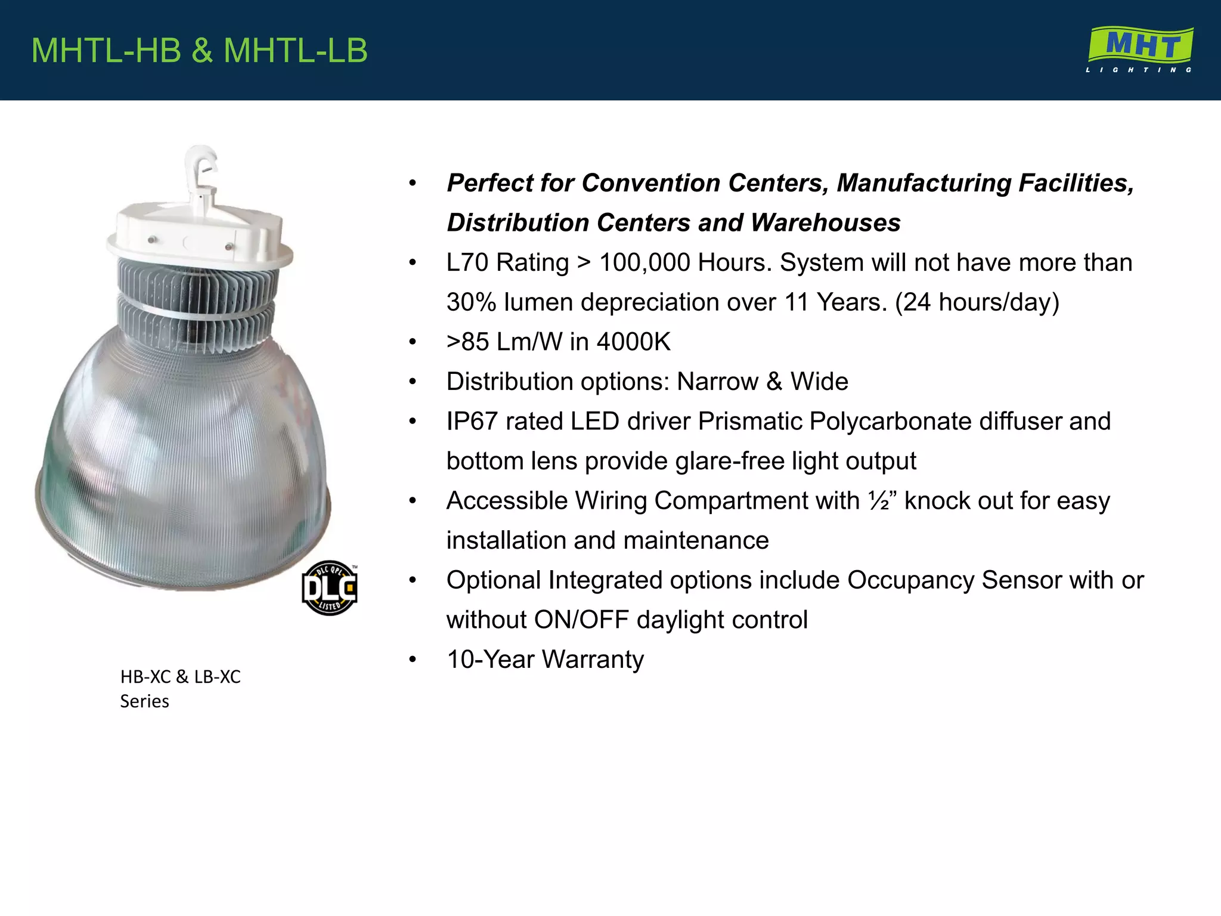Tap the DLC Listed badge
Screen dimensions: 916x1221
pos(330,588)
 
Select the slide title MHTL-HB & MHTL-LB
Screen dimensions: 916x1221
pos(199,50)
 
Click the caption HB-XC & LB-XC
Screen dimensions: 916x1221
pos(180,677)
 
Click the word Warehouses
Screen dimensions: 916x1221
pos(825,223)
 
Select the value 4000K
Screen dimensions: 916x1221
pos(633,342)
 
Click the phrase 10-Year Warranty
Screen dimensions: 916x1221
pos(545,660)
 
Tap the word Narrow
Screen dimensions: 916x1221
pos(717,382)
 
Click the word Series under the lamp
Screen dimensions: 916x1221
pos(144,701)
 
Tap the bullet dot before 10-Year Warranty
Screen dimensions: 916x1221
pos(413,660)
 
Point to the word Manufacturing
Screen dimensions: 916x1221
pos(924,183)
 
